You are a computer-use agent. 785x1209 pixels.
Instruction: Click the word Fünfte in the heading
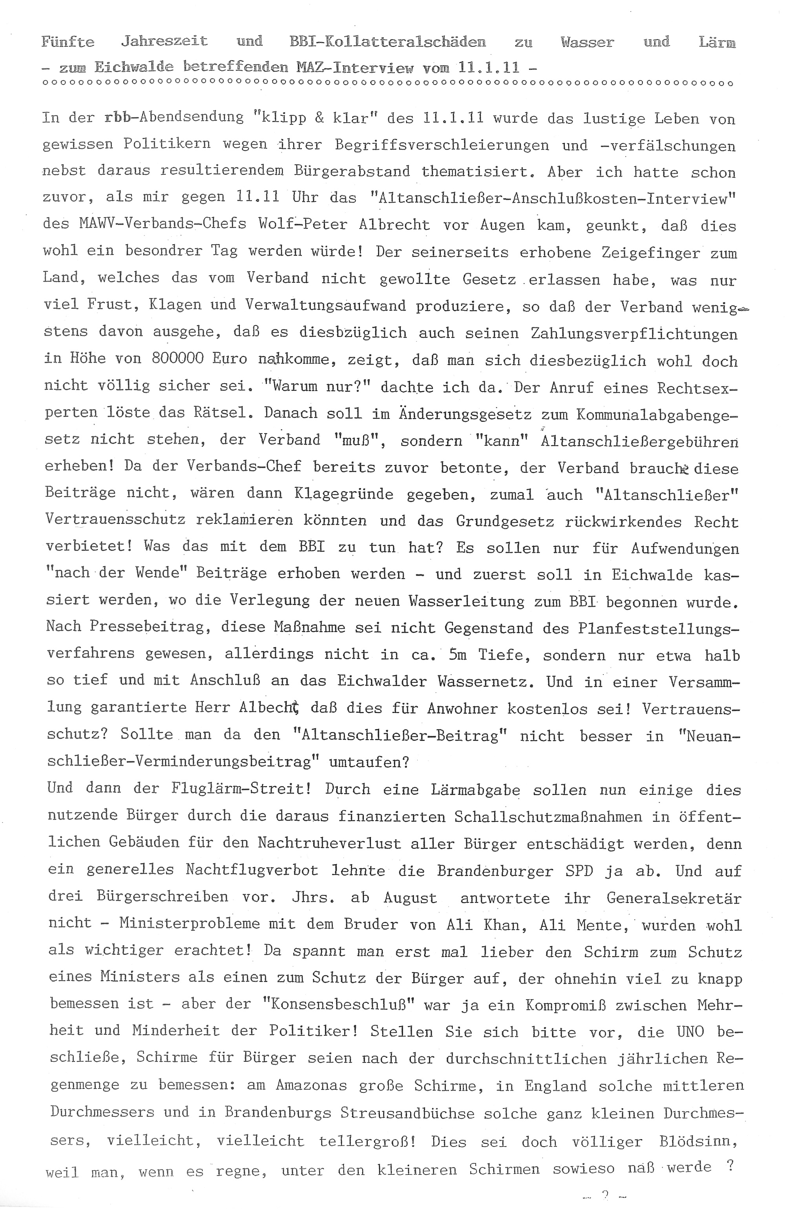pyautogui.click(x=68, y=42)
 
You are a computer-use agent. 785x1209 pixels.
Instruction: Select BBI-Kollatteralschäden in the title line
pyautogui.click(x=387, y=42)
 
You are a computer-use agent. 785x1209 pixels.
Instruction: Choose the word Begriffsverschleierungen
pyautogui.click(x=442, y=145)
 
